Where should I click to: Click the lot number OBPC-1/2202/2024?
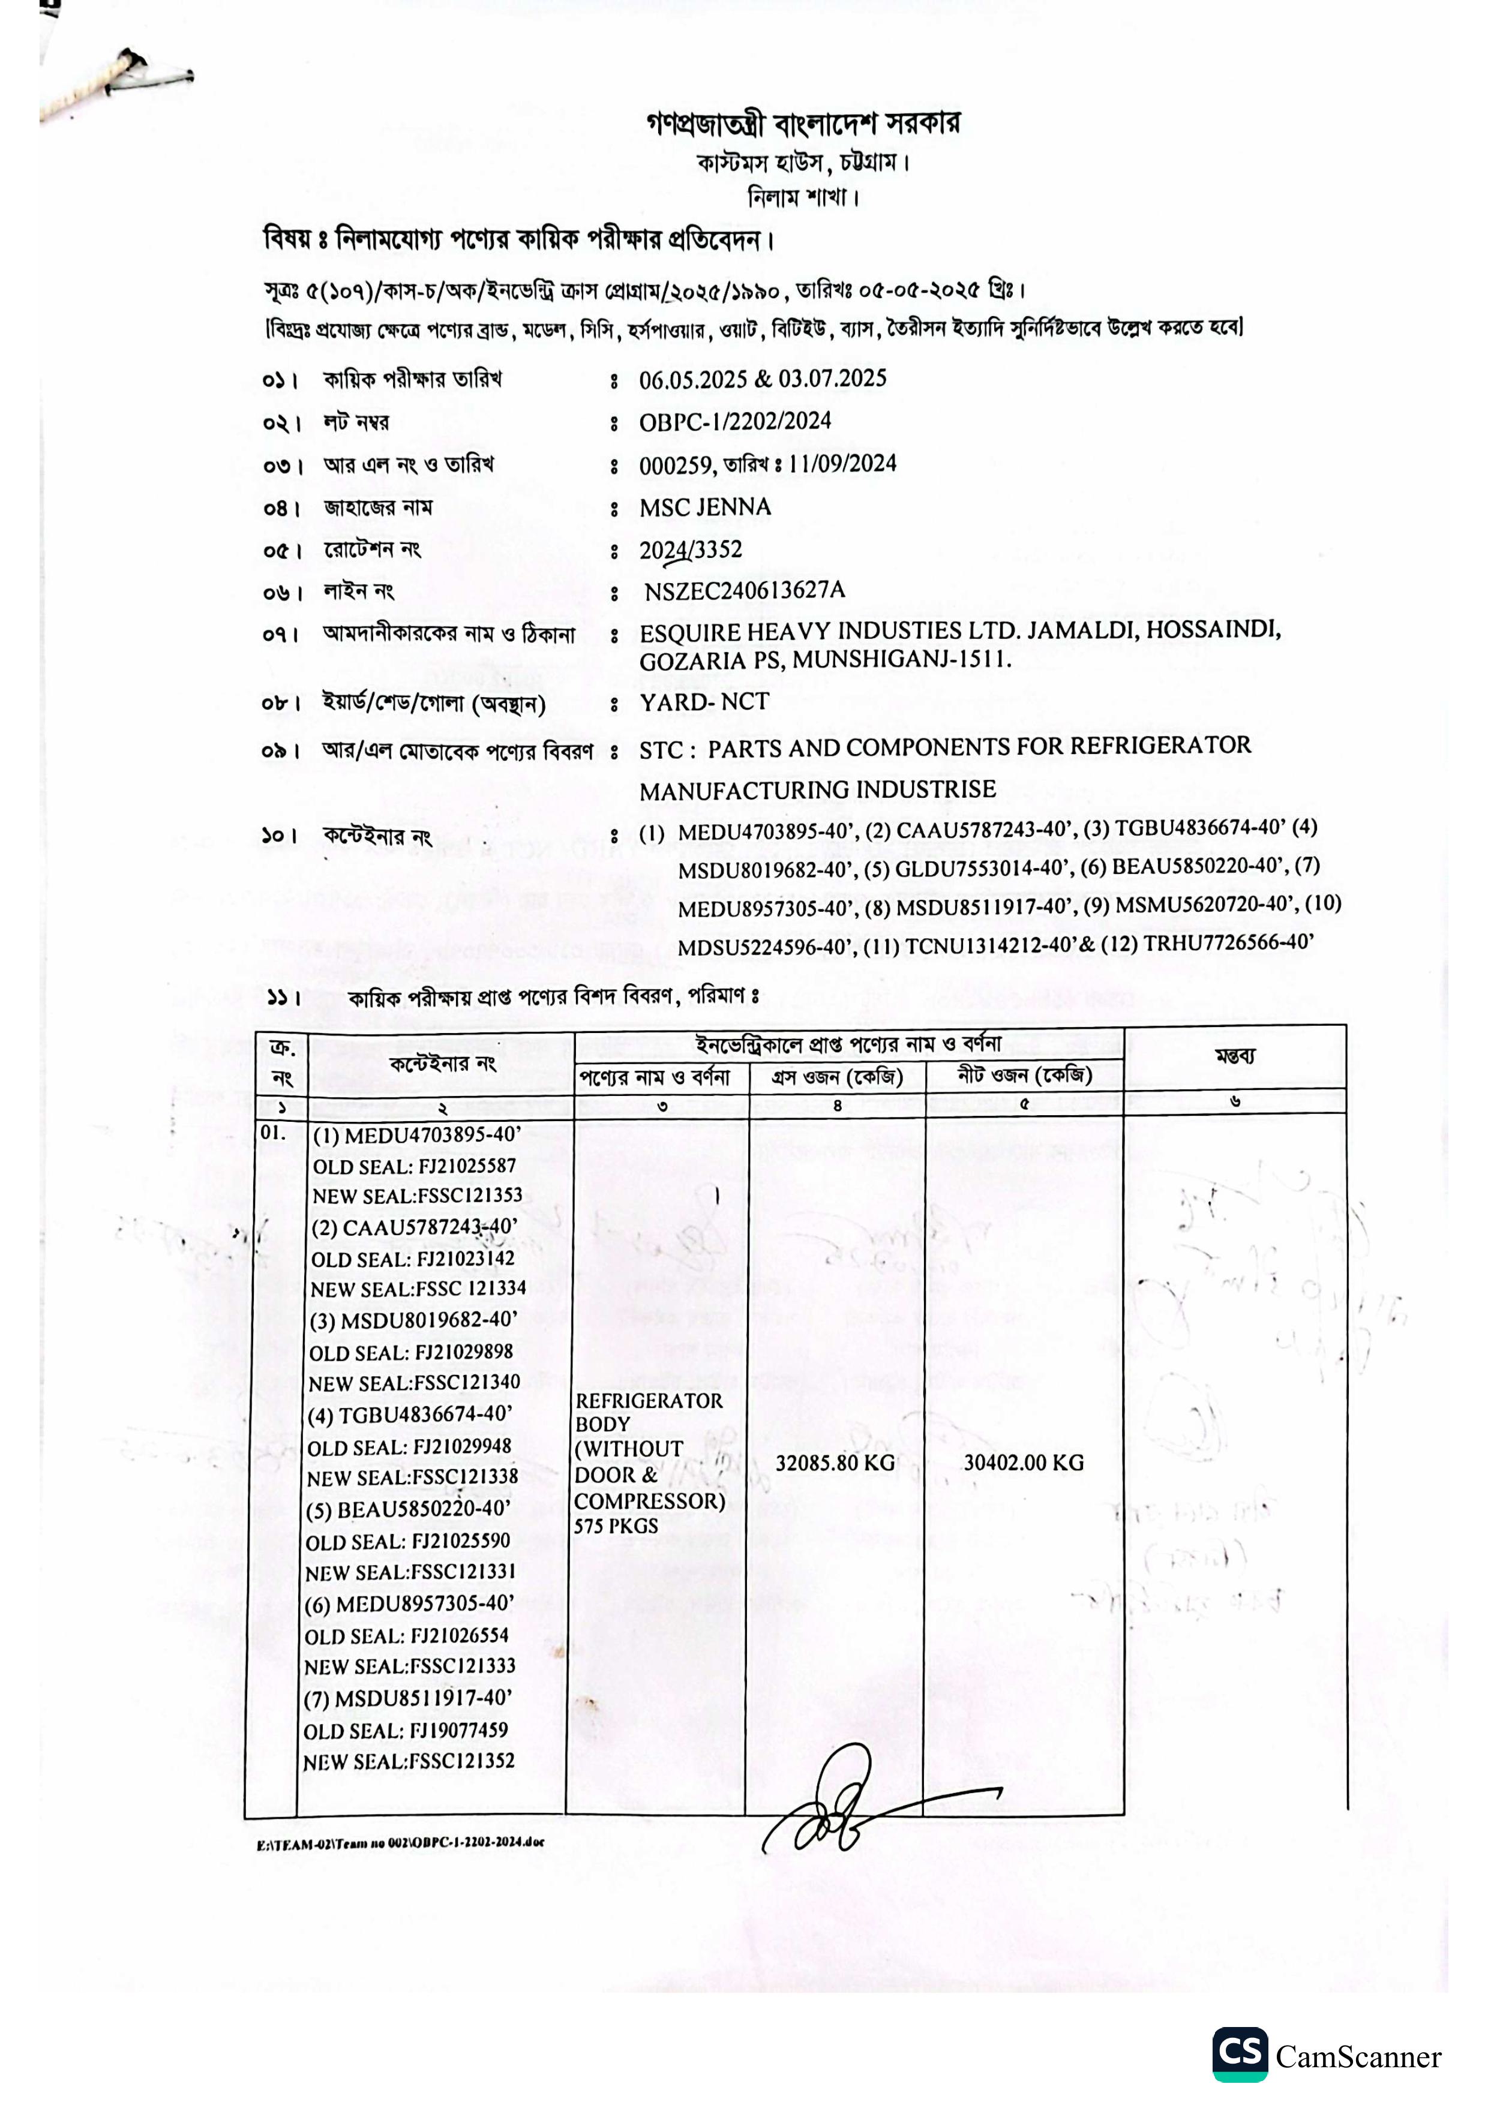point(734,422)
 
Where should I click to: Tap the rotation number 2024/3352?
point(691,550)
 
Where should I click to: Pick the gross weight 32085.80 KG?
point(835,1463)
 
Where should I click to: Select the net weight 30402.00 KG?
point(1022,1463)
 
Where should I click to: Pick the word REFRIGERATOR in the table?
point(648,1401)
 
